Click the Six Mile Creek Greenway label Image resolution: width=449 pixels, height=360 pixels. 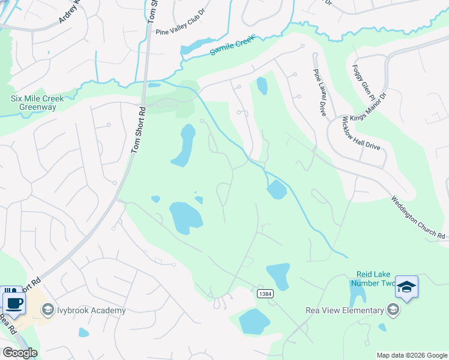click(34, 103)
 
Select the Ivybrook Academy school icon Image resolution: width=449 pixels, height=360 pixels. click(47, 310)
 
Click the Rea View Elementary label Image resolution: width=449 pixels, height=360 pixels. click(345, 310)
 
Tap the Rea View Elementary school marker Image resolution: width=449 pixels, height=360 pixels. click(393, 310)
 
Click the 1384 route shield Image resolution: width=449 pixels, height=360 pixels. click(264, 293)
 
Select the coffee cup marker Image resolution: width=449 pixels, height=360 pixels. click(14, 303)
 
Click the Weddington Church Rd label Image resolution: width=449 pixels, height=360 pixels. click(418, 218)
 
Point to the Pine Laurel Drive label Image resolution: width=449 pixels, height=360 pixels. click(318, 92)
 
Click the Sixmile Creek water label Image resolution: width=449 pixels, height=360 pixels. click(232, 46)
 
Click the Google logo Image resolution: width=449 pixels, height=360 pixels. click(19, 353)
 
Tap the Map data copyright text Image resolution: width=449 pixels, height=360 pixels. click(411, 355)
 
